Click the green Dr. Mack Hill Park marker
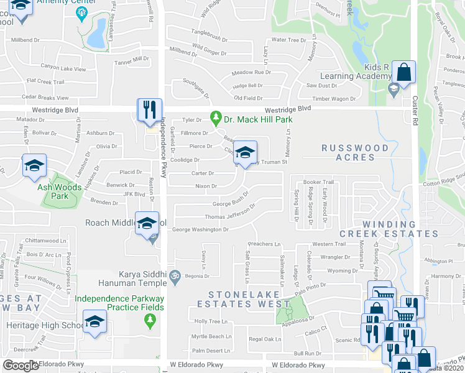point(216,117)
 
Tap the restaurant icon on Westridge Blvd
point(149,110)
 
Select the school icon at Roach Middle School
point(147,224)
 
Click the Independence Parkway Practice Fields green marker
point(149,320)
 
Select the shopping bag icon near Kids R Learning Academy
point(404,71)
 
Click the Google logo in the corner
point(21,365)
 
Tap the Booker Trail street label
point(319,182)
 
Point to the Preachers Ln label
point(265,244)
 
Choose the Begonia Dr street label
point(196,274)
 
